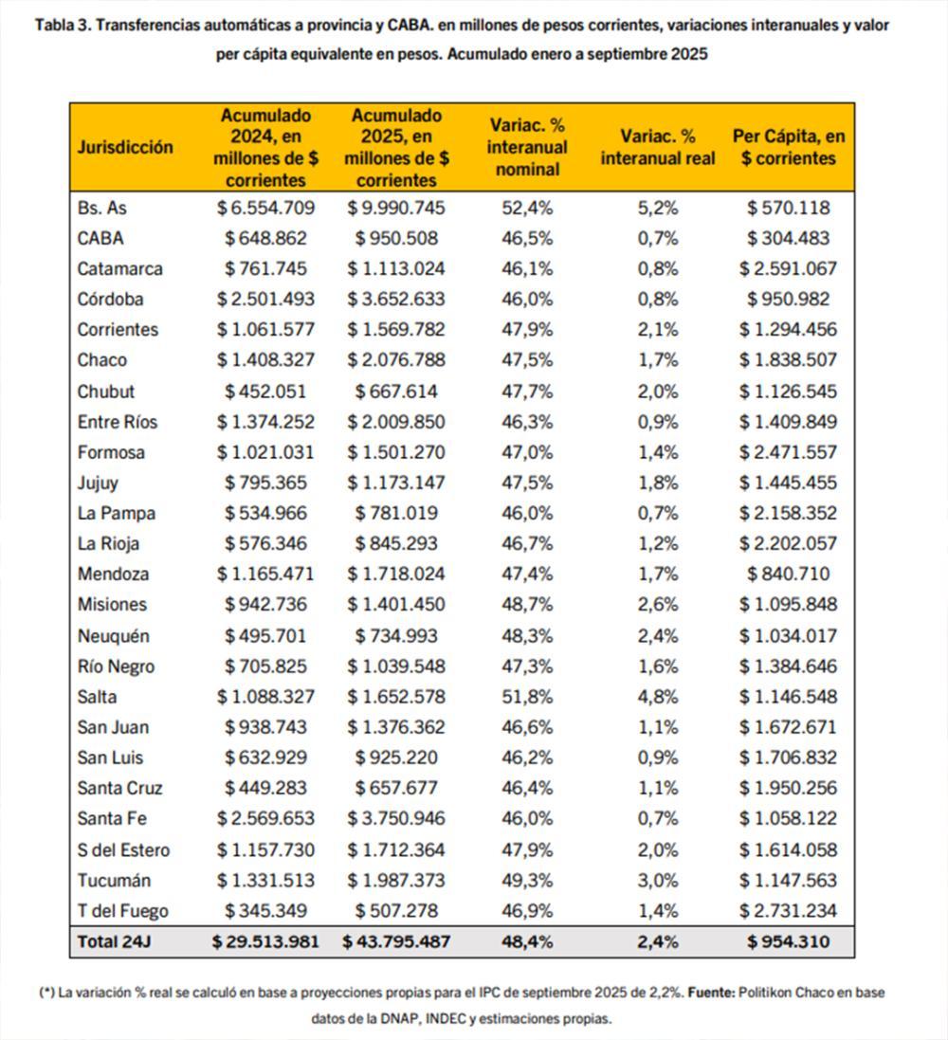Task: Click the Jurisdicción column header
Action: coord(126,147)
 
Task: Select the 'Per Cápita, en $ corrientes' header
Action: coord(789,147)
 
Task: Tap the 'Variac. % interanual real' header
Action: coord(658,147)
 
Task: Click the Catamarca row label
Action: coord(119,268)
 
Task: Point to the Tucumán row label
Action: coord(114,880)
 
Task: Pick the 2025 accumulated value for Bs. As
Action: coord(396,208)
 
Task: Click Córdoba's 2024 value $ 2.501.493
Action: coord(265,299)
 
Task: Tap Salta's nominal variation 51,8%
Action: coord(527,697)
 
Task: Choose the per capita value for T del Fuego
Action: coord(789,911)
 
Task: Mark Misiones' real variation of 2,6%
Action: coord(658,605)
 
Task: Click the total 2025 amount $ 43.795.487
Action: coord(396,941)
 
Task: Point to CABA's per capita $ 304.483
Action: coord(789,238)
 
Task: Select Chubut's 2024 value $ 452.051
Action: coord(265,391)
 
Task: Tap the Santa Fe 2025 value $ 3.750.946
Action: coord(396,819)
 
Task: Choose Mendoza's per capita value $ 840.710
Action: coord(789,574)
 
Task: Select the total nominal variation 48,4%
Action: coord(527,941)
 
